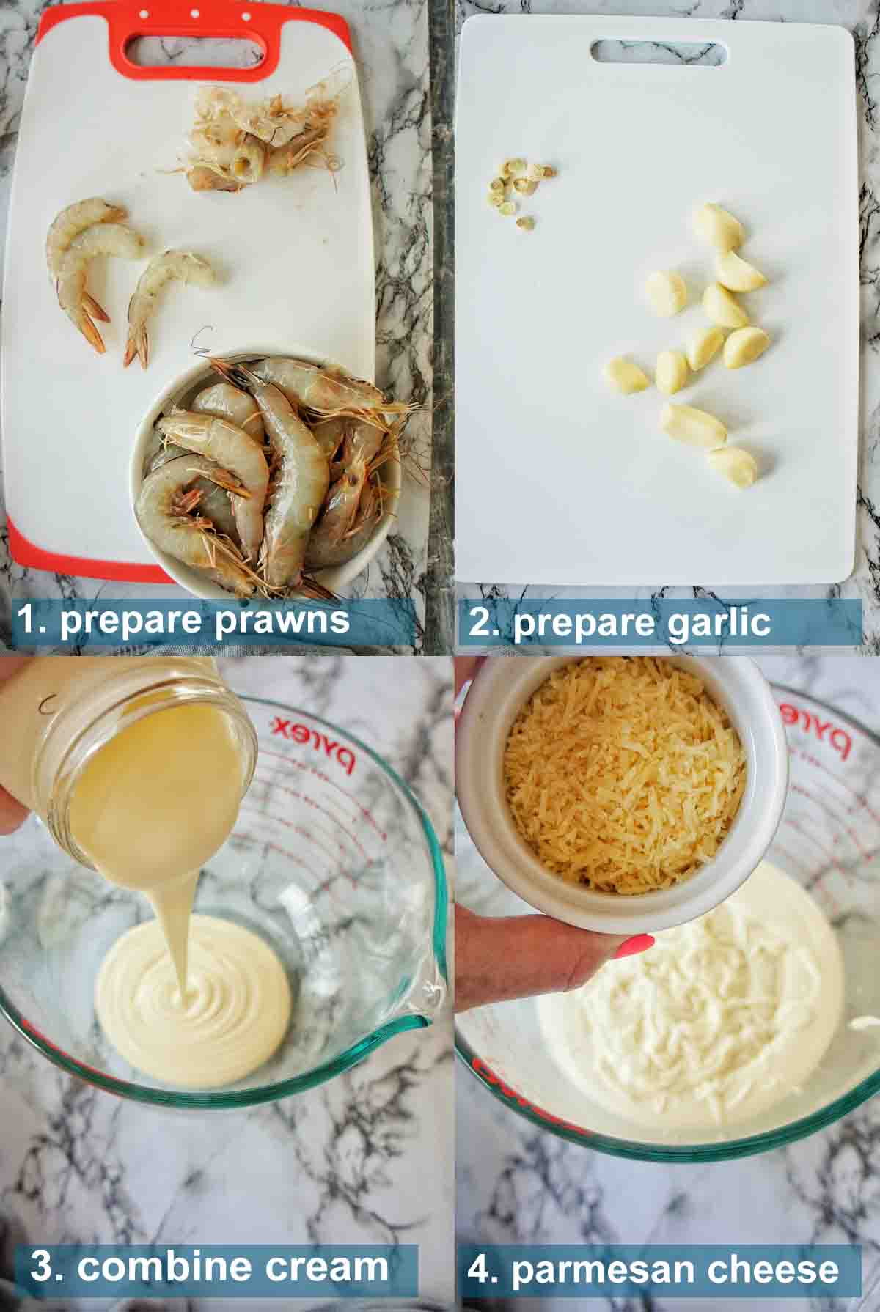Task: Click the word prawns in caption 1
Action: [x=282, y=622]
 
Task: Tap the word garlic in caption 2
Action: [x=703, y=622]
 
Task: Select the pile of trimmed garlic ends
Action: [x=523, y=188]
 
